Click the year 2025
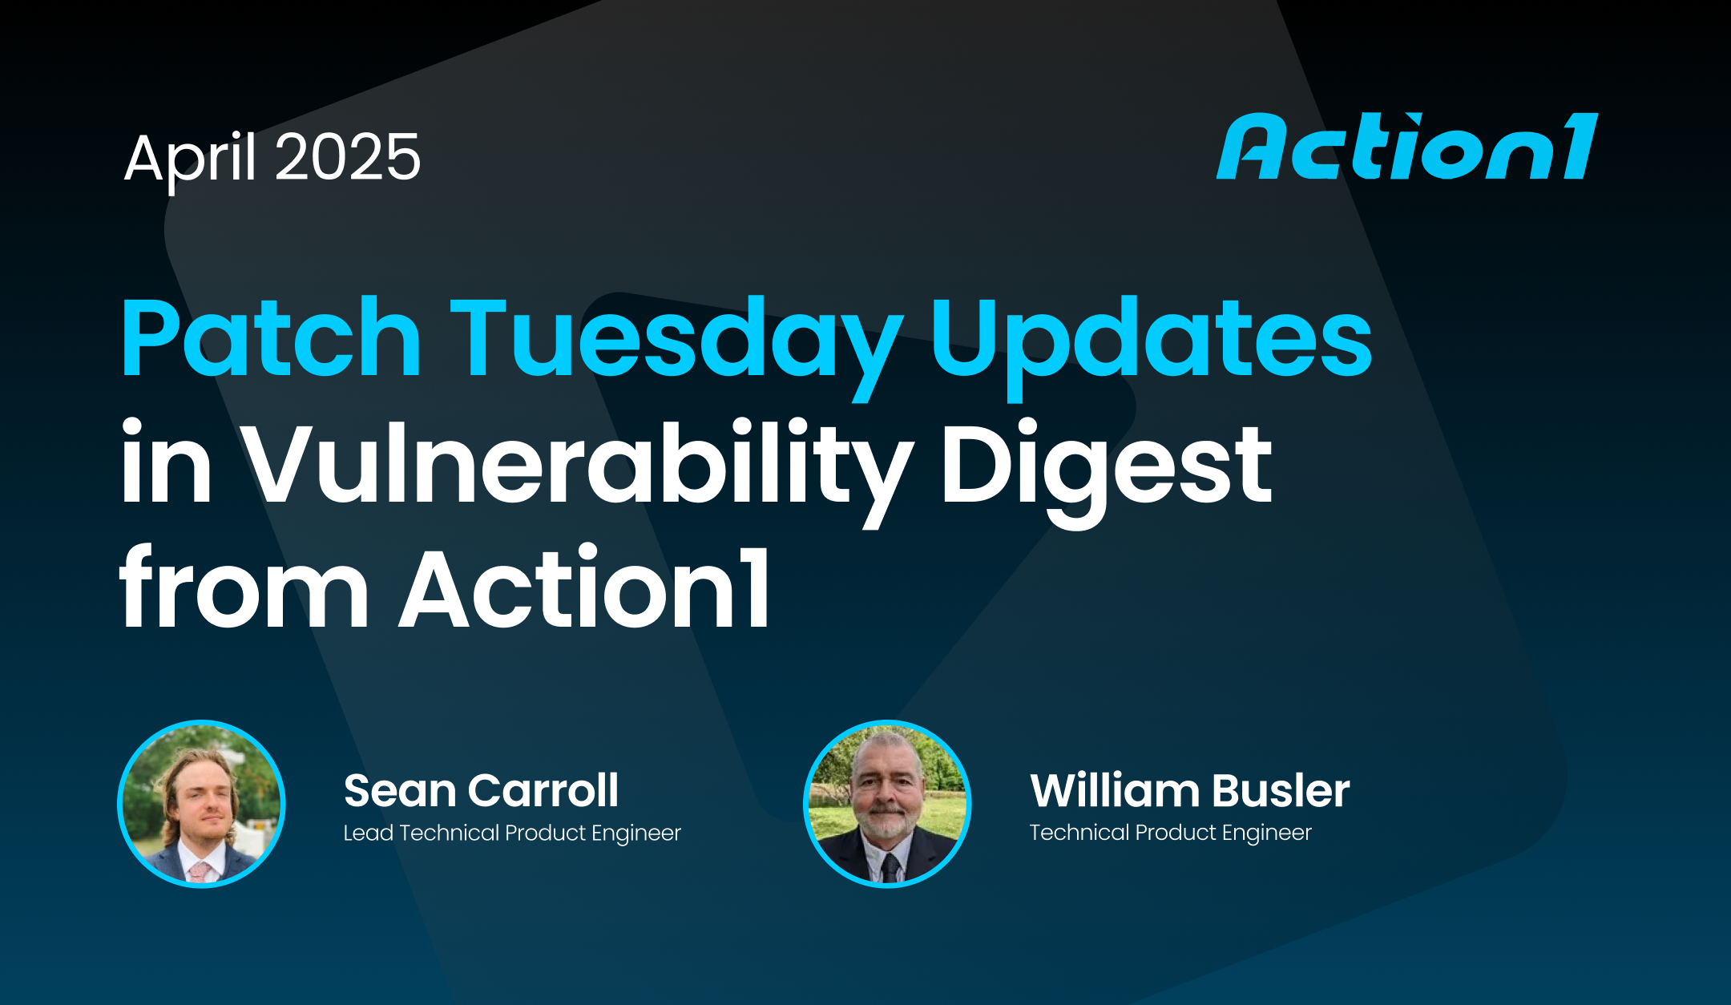(348, 157)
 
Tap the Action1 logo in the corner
(1406, 147)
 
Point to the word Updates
(1151, 338)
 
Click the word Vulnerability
(576, 465)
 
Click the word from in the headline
(243, 589)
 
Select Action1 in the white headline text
(585, 589)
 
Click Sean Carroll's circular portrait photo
(202, 804)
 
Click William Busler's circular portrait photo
(887, 804)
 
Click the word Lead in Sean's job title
(368, 833)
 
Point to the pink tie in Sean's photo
(200, 872)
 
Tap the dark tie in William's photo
(890, 869)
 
